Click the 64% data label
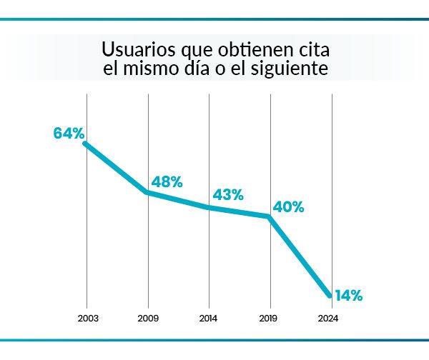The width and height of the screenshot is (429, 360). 69,133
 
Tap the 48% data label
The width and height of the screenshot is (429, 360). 167,182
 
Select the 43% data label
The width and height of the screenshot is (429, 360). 228,194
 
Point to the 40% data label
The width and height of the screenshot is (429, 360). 289,208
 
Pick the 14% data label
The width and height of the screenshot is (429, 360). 348,295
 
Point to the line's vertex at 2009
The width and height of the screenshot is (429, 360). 148,192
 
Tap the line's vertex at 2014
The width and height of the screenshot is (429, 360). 209,208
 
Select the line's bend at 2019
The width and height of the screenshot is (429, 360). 270,216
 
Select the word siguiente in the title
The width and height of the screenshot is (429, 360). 295,71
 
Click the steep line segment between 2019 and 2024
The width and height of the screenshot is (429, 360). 300,256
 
